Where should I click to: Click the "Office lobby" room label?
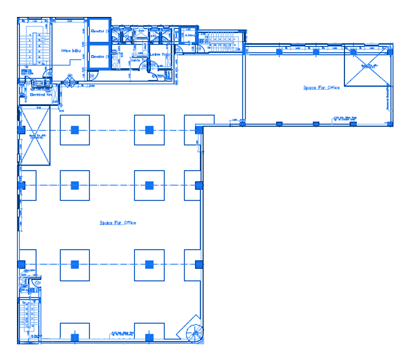pos(71,51)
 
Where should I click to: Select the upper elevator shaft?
pos(99,31)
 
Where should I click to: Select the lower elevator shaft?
pos(99,57)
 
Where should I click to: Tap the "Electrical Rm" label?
pos(41,95)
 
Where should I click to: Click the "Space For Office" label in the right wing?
pos(321,88)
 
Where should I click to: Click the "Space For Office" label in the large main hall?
pos(118,223)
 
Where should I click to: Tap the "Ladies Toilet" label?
pos(159,54)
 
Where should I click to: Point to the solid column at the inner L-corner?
pos(199,129)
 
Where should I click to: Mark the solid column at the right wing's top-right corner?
pos(390,52)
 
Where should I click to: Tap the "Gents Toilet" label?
pos(139,60)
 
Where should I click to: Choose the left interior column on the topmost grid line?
pos(75,130)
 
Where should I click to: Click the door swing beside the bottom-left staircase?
pos(35,283)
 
